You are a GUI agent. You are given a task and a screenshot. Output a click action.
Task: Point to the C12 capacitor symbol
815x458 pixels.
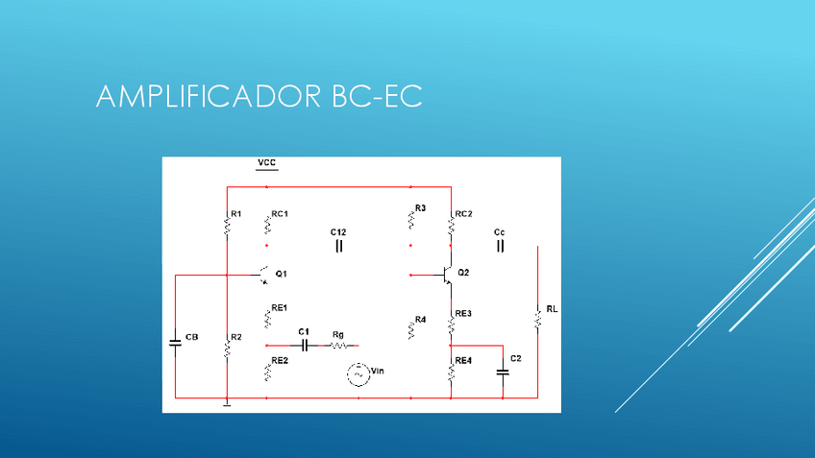[x=338, y=246]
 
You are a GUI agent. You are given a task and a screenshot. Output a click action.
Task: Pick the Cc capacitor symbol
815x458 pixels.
[x=500, y=247]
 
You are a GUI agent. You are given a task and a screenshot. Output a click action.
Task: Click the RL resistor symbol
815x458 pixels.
[x=537, y=318]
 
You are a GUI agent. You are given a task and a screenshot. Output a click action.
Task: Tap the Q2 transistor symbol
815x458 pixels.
[x=446, y=276]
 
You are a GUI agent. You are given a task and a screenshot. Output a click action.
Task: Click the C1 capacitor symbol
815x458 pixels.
[x=304, y=345]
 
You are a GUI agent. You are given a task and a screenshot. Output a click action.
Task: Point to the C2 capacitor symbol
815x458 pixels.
[x=502, y=370]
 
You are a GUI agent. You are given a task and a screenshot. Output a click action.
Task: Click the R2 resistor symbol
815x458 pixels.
[x=226, y=347]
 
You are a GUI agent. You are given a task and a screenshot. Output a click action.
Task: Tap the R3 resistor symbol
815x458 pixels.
[x=410, y=220]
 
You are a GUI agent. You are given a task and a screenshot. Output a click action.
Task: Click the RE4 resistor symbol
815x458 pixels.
[x=451, y=371]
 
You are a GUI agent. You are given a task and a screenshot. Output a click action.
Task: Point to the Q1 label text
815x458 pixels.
[x=281, y=274]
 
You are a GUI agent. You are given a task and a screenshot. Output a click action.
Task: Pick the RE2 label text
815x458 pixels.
[x=280, y=360]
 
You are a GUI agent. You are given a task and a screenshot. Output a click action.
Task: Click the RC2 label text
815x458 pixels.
[x=463, y=213]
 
